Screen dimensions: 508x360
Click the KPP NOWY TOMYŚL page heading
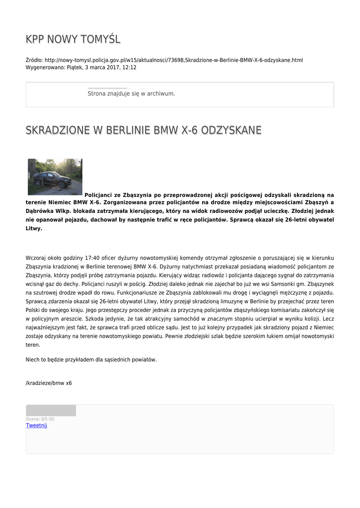coord(73,39)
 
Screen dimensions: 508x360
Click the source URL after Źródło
coord(173,60)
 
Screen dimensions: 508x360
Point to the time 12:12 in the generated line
coord(130,67)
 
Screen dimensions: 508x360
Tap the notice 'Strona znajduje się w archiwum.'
coord(131,93)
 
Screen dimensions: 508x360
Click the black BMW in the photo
coord(52,179)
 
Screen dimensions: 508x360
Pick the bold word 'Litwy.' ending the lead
coord(34,229)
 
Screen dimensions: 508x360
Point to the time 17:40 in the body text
coord(93,258)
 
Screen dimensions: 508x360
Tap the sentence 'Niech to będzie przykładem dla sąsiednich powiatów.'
coord(91,360)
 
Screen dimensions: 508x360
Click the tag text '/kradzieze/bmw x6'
coord(49,383)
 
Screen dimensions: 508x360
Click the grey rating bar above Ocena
coord(51,410)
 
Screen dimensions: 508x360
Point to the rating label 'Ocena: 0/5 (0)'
coord(40,419)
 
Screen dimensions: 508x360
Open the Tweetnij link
coord(36,425)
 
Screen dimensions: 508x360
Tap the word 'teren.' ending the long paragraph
coord(33,344)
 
